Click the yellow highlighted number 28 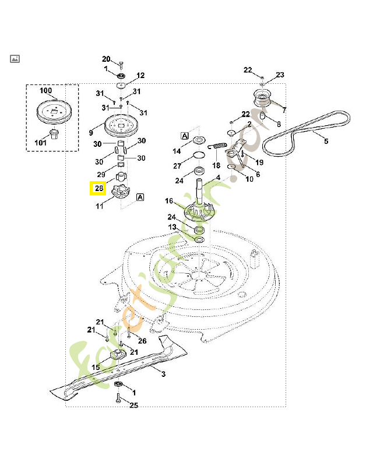click(x=97, y=189)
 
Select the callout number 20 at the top click(x=106, y=59)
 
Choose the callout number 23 click(x=280, y=75)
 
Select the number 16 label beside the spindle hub click(x=169, y=201)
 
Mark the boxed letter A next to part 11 click(x=140, y=197)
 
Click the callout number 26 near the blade click(x=142, y=341)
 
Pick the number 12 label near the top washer click(x=140, y=75)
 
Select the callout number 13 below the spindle click(x=173, y=227)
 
